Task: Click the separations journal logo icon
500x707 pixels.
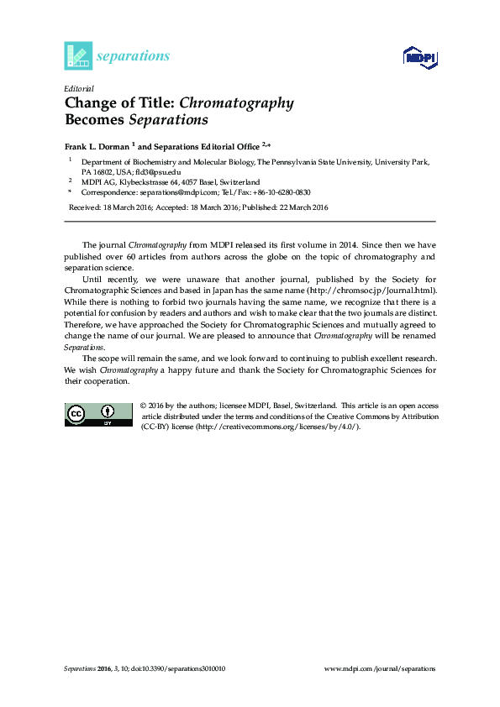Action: tap(77, 55)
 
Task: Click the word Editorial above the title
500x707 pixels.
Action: tap(78, 88)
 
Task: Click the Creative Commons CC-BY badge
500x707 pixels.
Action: tap(98, 413)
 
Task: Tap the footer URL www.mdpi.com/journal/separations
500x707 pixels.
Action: tap(380, 669)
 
